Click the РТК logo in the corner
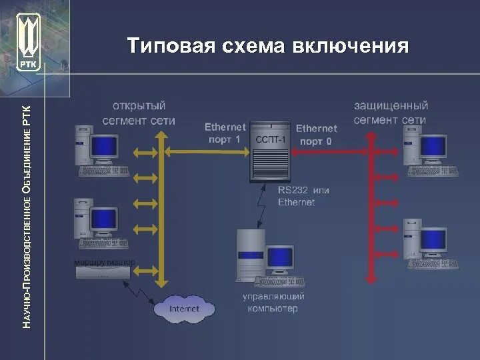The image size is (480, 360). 28,42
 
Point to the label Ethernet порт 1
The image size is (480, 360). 225,133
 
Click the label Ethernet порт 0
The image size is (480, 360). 316,135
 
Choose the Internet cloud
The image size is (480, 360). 185,309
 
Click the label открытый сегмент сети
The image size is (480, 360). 139,113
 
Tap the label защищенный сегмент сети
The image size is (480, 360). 391,113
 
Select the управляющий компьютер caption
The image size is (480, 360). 273,302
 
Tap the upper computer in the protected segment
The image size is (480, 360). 427,150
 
